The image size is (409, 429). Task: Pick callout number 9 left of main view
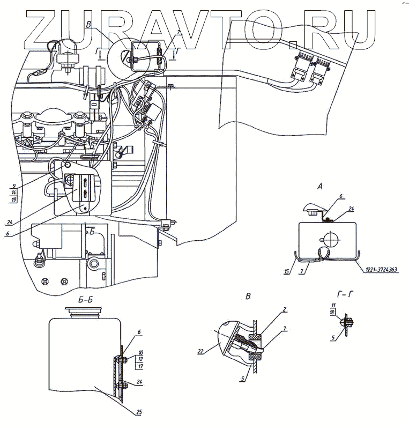13,186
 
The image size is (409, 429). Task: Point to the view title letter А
320,187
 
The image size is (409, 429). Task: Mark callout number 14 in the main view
13,193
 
